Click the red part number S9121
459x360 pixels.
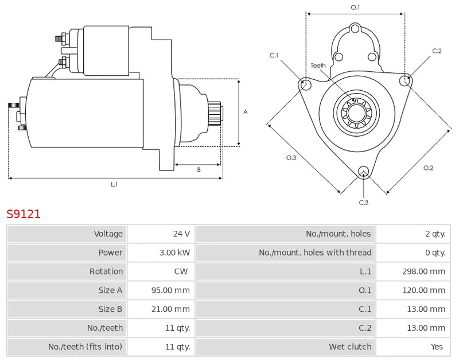click(24, 214)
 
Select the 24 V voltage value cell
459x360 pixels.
click(181, 234)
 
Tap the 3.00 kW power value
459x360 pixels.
click(176, 253)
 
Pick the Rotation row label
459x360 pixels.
click(106, 272)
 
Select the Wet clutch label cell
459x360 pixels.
click(350, 347)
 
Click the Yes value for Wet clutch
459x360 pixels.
click(438, 347)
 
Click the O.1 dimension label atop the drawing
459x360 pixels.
click(355, 7)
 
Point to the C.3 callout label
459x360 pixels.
click(363, 202)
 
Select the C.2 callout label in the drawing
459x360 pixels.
click(437, 51)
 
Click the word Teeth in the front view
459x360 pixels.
click(318, 65)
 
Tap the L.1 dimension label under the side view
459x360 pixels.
click(114, 184)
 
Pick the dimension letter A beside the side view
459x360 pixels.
click(246, 112)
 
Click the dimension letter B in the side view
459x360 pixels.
click(199, 170)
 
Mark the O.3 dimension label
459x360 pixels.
click(291, 158)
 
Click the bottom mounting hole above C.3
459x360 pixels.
click(363, 171)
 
